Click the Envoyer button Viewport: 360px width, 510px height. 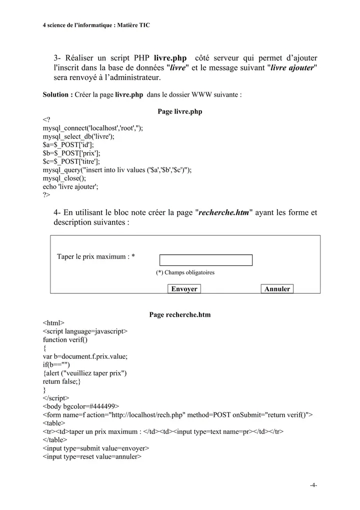(184, 289)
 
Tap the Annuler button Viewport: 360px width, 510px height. (277, 289)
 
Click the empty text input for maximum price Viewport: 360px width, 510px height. (206, 260)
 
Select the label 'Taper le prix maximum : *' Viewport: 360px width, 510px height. (95, 257)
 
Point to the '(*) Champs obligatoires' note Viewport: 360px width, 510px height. (185, 273)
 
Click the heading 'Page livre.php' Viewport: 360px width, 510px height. (180, 112)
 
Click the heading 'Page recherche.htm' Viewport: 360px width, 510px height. (180, 315)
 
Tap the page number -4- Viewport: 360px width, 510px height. (313, 485)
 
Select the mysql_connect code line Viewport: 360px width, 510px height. (92, 128)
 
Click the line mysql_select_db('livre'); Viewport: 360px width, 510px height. (78, 136)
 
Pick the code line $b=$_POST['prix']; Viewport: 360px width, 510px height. (71, 153)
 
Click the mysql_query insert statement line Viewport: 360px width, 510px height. (117, 170)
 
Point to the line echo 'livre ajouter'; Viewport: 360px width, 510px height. (70, 186)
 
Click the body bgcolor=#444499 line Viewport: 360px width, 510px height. (81, 406)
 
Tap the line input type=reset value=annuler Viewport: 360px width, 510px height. (92, 456)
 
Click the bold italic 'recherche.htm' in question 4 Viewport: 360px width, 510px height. (223, 212)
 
